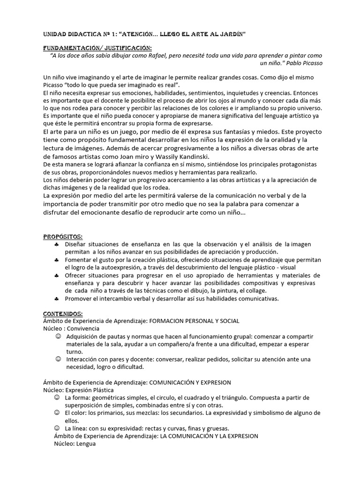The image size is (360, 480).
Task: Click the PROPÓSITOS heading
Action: click(x=62, y=237)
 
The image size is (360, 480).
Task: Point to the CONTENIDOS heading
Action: click(x=63, y=313)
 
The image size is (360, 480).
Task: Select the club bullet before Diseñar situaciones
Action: click(x=57, y=245)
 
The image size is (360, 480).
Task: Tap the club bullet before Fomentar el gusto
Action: click(x=57, y=260)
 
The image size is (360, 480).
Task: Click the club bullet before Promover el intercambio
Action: click(x=57, y=298)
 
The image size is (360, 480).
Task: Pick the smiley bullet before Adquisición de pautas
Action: click(x=58, y=337)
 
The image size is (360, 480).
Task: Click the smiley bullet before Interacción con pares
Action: click(x=58, y=359)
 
